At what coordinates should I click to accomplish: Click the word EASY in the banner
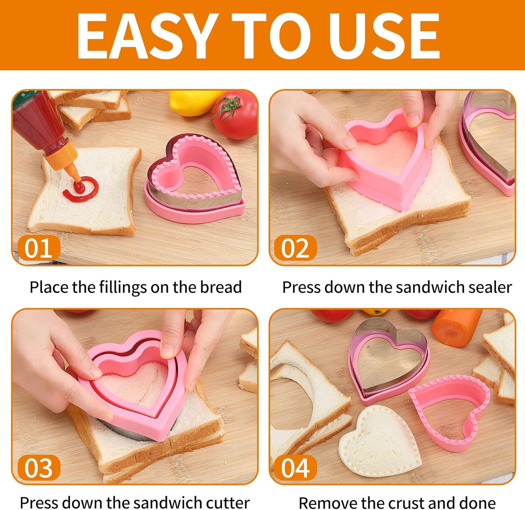pyautogui.click(x=147, y=35)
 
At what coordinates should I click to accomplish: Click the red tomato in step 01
pyautogui.click(x=234, y=115)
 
